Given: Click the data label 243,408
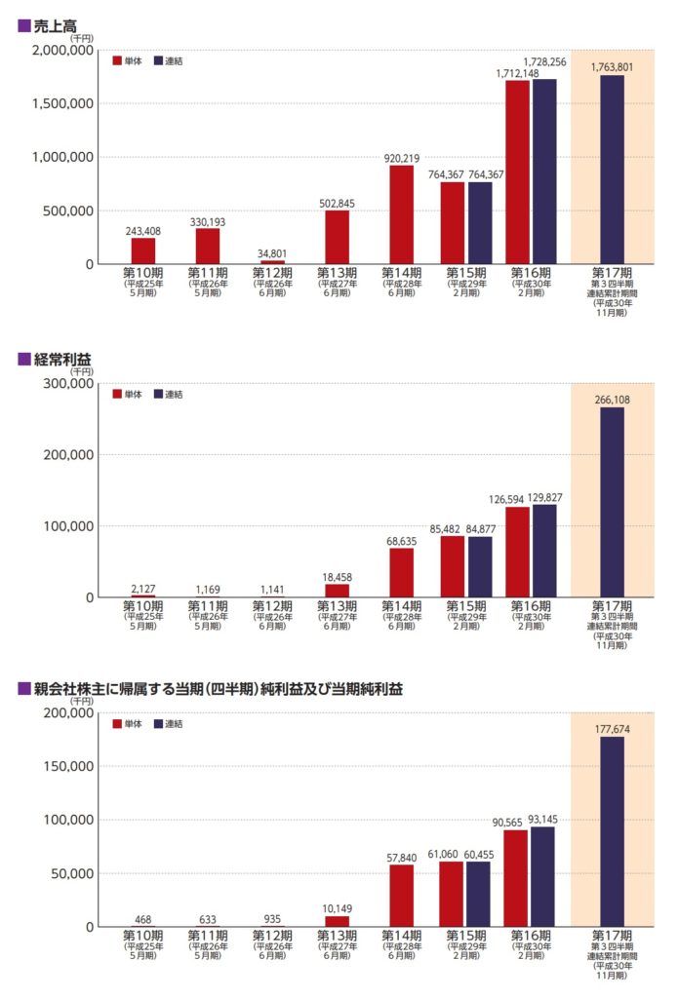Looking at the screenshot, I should pos(143,230).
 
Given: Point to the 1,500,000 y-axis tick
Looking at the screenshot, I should pos(64,103).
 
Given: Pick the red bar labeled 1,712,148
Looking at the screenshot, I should pos(517,173).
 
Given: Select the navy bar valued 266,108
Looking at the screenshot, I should pos(612,502).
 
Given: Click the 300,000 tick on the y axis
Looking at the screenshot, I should pos(71,384).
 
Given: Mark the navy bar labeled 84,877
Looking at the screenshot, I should pos(480,567).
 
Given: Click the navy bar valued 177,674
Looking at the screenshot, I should pos(612,831).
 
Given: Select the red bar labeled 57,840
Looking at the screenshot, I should pos(401,896).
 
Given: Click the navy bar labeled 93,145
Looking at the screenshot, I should pos(543,876).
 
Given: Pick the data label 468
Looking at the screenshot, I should pos(143,918).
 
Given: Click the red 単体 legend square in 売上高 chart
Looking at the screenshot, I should pos(117,60).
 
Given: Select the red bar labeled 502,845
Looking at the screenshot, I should pos(337,237).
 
